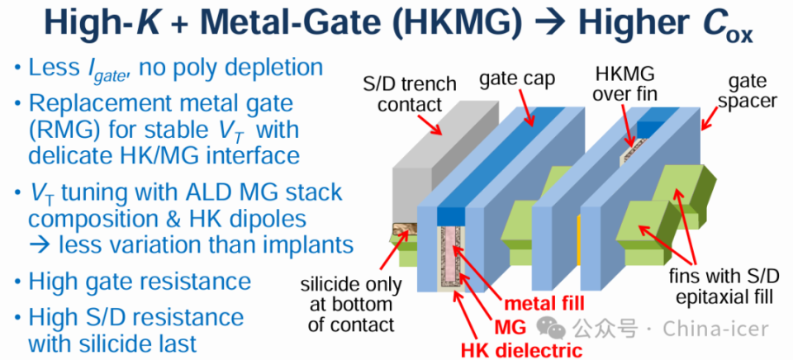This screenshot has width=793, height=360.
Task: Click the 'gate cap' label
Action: pos(519,81)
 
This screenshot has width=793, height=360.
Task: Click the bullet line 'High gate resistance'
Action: pos(140,282)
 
